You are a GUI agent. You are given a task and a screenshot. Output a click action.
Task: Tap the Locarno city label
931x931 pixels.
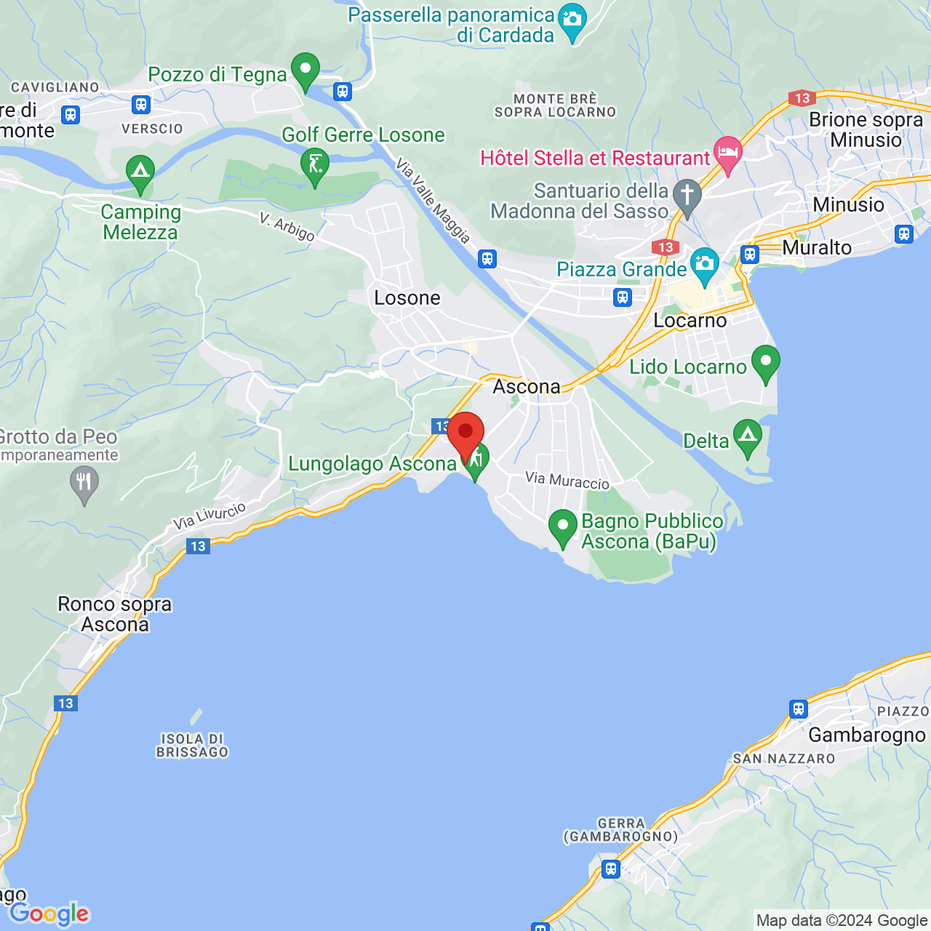[x=690, y=321]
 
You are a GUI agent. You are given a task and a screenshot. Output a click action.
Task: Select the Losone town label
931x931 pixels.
[x=407, y=298]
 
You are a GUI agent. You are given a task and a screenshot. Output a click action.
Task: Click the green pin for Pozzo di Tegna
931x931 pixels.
[x=305, y=71]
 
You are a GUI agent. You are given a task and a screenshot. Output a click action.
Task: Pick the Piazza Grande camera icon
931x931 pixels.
[x=704, y=264]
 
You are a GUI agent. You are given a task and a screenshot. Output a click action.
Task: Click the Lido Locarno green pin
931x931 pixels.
[x=765, y=362]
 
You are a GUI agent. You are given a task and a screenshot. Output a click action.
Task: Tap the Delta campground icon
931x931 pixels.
[x=748, y=437]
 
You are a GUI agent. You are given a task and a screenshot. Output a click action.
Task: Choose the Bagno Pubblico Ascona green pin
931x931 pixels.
[x=562, y=527]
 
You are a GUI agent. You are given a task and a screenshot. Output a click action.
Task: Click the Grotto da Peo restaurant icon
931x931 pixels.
[x=84, y=482]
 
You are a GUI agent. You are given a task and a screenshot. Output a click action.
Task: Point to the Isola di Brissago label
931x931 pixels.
[x=193, y=746]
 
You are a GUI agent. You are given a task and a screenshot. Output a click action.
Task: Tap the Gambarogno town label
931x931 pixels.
[x=867, y=735]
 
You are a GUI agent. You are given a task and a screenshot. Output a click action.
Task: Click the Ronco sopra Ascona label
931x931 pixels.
[x=115, y=615]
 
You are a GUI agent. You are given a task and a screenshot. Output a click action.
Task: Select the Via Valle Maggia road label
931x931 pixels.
[x=433, y=201]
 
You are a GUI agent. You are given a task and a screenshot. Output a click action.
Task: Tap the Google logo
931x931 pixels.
[x=49, y=914]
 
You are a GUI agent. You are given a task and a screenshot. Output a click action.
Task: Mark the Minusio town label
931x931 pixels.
[x=848, y=205]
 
